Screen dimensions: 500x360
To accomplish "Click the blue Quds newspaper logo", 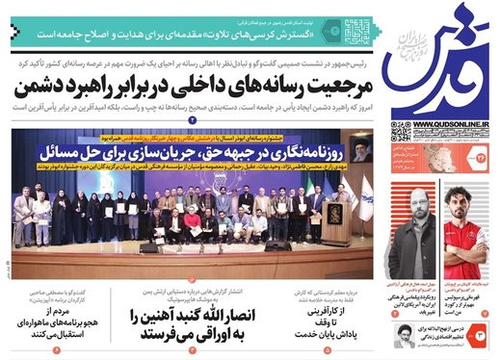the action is pos(439,60).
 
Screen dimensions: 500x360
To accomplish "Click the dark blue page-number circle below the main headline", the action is pos(192,120).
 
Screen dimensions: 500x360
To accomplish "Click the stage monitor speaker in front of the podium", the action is pos(278,246).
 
